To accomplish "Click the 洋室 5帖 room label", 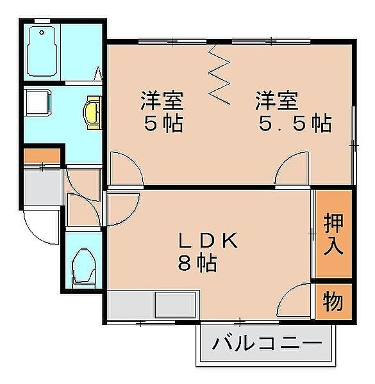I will pyautogui.click(x=162, y=111).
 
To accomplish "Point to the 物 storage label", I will pyautogui.click(x=333, y=301).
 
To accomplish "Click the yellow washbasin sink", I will pyautogui.click(x=92, y=113).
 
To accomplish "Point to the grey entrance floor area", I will pyautogui.click(x=42, y=186).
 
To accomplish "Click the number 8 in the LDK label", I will pyautogui.click(x=185, y=263).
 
